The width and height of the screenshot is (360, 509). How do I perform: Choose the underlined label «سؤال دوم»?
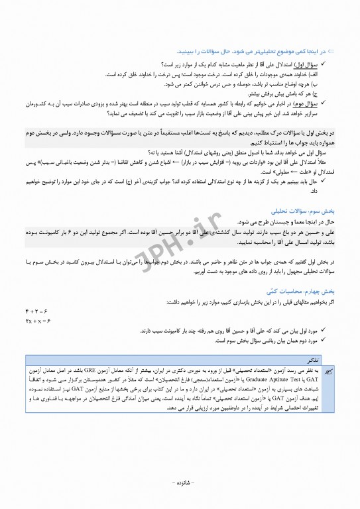point(309,104)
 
